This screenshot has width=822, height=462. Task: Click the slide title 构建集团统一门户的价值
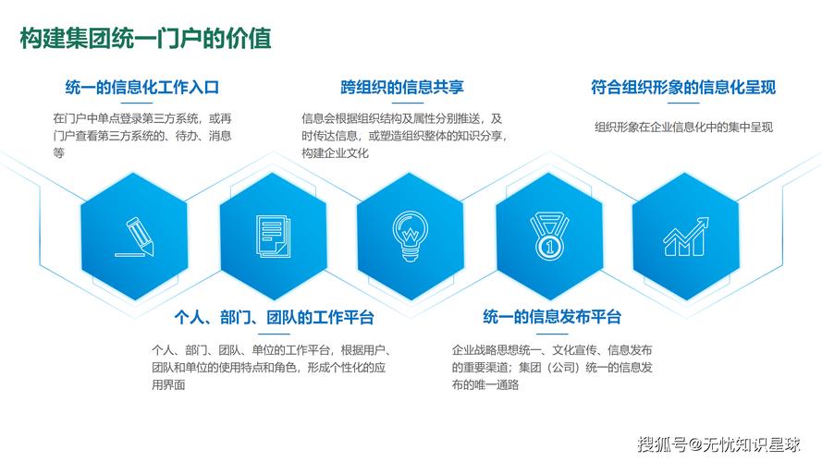pos(145,40)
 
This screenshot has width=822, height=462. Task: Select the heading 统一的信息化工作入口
pos(141,88)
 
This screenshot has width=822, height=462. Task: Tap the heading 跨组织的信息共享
pos(402,88)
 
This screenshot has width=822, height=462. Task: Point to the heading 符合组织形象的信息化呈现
pos(682,88)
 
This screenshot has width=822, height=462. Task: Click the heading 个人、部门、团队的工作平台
pos(274,318)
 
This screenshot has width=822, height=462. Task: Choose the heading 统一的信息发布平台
pos(552,318)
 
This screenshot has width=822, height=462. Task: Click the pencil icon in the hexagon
pos(135,236)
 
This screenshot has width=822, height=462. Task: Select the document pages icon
pos(271,236)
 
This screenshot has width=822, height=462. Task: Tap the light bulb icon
pos(408,235)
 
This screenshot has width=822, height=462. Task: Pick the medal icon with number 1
pos(547,236)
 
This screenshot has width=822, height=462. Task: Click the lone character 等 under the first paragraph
pos(58,153)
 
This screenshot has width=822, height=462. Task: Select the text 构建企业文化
pos(335,153)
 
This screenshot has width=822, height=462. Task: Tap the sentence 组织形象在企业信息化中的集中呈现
pos(683,127)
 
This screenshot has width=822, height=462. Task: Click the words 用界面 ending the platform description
pos(168,384)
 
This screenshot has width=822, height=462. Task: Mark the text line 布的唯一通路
pos(485,384)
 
